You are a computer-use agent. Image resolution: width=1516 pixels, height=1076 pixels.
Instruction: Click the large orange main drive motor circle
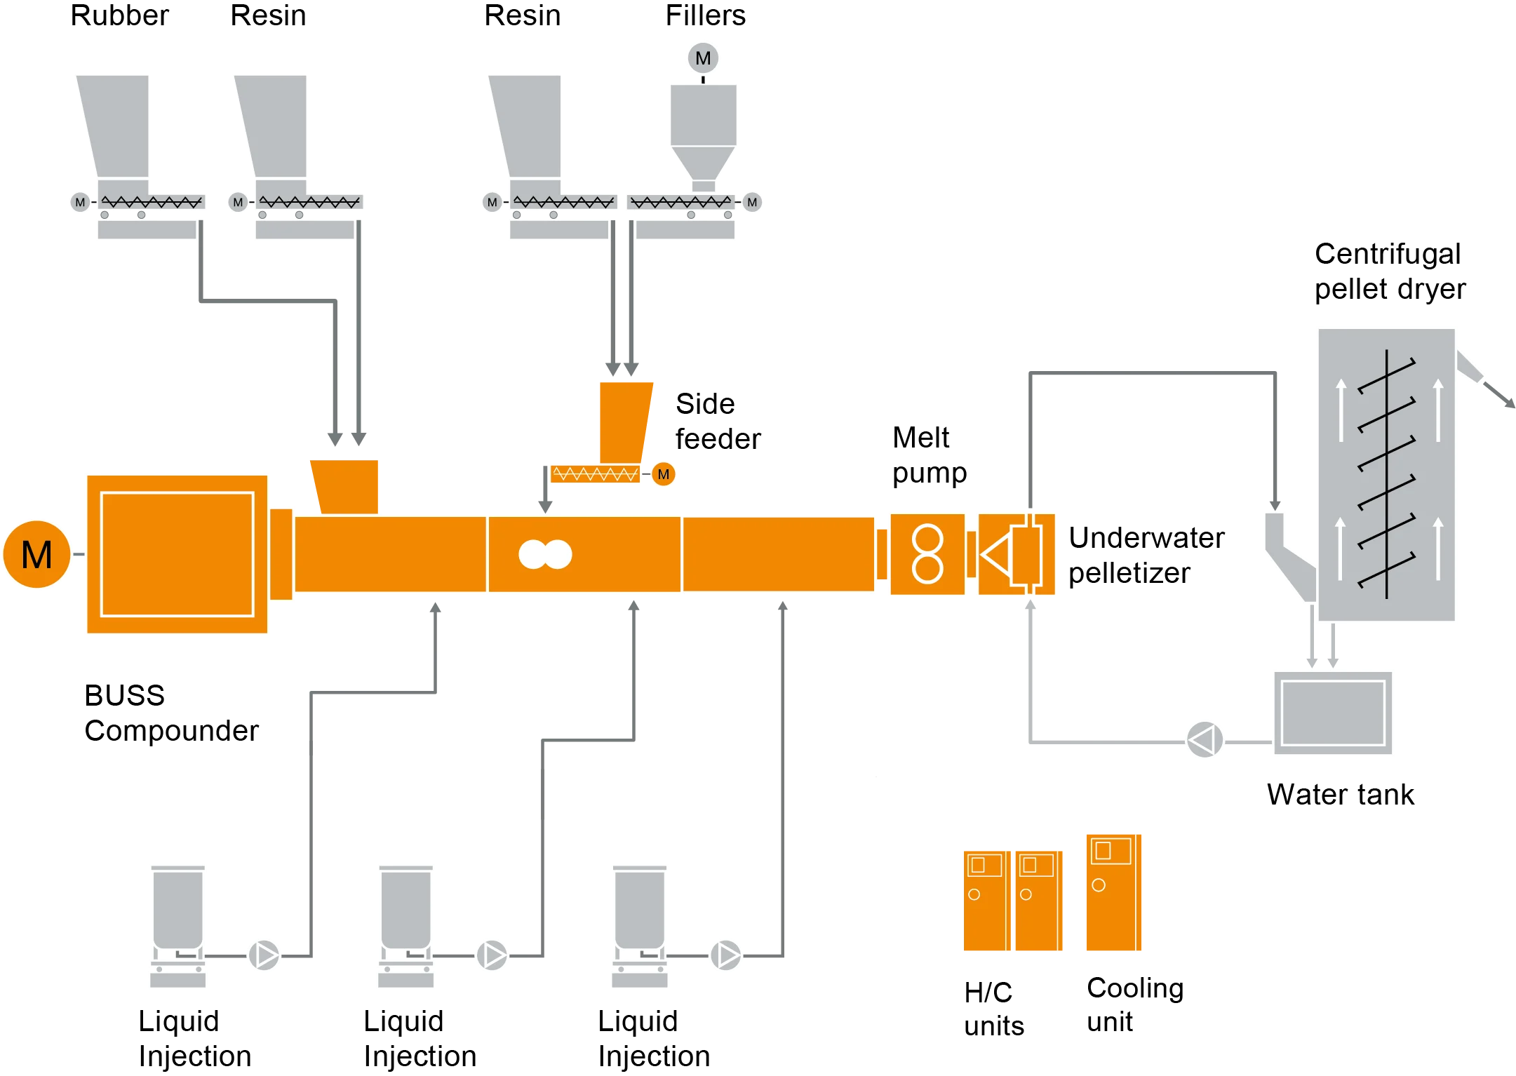click(x=36, y=554)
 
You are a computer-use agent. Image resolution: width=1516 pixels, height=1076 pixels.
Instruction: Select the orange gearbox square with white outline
click(x=177, y=554)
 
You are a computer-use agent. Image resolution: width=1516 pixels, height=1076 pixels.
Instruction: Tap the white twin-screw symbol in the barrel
click(x=545, y=554)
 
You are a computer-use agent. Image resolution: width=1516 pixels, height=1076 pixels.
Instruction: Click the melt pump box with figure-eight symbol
click(x=927, y=554)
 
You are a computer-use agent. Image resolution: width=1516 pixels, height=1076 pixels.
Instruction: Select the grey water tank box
click(x=1332, y=713)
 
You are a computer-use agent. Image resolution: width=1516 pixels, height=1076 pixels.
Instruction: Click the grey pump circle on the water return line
click(x=1204, y=739)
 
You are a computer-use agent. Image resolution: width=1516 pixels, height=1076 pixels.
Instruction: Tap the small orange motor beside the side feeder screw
click(x=663, y=474)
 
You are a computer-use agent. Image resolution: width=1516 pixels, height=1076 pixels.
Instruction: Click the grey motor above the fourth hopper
click(x=703, y=58)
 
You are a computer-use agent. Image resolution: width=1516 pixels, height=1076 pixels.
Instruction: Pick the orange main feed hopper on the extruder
click(x=346, y=485)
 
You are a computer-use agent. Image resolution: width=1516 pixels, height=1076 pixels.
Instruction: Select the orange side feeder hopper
click(x=624, y=421)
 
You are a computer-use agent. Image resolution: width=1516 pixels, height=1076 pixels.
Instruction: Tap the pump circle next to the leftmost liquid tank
click(x=264, y=955)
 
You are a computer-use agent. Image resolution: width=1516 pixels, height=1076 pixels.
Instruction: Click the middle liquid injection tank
click(x=405, y=912)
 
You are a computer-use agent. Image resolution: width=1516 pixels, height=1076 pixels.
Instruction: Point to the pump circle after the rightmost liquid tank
click(x=725, y=955)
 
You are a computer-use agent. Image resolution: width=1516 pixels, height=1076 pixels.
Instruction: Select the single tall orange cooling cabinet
click(x=1113, y=892)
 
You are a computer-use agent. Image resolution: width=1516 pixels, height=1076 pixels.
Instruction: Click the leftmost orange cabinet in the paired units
click(x=985, y=901)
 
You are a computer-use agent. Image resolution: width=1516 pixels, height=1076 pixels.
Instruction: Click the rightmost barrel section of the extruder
click(x=779, y=554)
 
